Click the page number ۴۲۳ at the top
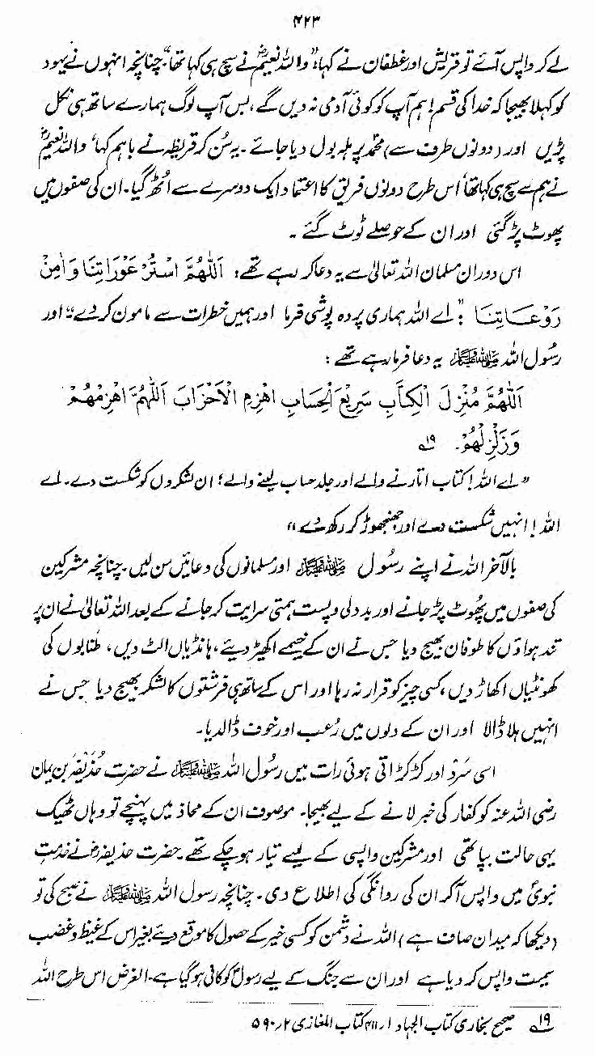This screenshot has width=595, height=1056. point(297,14)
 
